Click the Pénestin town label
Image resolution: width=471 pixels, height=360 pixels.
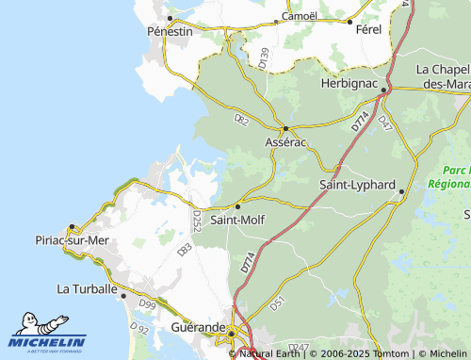[x=170, y=31]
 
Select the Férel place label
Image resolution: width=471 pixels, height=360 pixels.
[x=368, y=30]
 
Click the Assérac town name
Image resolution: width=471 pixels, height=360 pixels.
[x=285, y=141]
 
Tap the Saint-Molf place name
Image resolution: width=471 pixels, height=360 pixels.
[x=236, y=221]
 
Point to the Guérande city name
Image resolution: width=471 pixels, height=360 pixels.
[x=198, y=328]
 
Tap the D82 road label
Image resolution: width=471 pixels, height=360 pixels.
[x=241, y=120]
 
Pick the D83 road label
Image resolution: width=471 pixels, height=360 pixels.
[x=185, y=250]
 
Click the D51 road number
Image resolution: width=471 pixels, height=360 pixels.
[x=277, y=303]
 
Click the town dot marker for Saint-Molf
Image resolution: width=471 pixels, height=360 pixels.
[x=237, y=205]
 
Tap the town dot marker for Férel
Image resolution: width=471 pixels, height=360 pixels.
[x=349, y=21]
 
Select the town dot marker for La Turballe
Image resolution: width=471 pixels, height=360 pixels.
[x=123, y=294]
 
